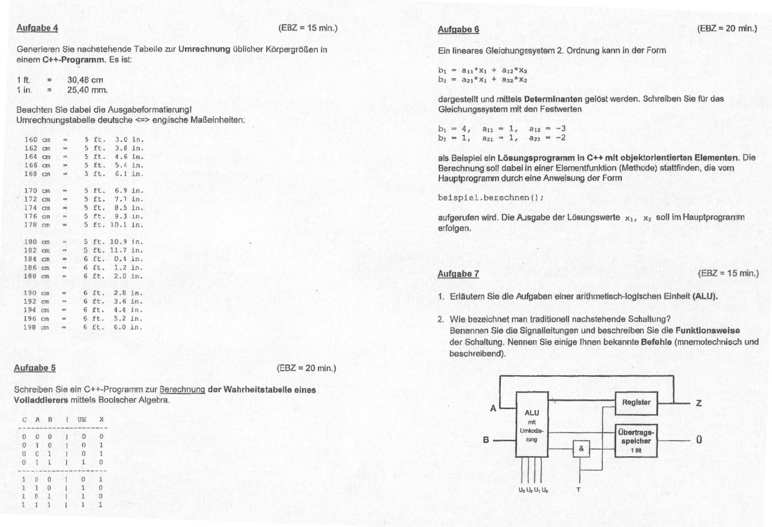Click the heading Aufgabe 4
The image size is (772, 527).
(37, 28)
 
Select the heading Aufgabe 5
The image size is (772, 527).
(35, 368)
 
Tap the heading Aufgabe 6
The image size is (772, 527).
(458, 30)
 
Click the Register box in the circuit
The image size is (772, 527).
(636, 403)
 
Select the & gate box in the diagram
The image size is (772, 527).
(581, 449)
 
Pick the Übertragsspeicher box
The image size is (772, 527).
(636, 441)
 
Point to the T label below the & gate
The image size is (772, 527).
(578, 490)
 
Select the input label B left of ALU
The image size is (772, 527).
(486, 440)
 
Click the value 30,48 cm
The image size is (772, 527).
(85, 80)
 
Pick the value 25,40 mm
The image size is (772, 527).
(87, 90)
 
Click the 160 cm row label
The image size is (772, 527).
(37, 140)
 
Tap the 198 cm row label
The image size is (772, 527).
(36, 327)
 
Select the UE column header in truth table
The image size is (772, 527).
(82, 420)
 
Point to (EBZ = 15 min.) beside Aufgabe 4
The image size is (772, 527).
(308, 28)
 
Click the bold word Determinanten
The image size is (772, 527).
(553, 99)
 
